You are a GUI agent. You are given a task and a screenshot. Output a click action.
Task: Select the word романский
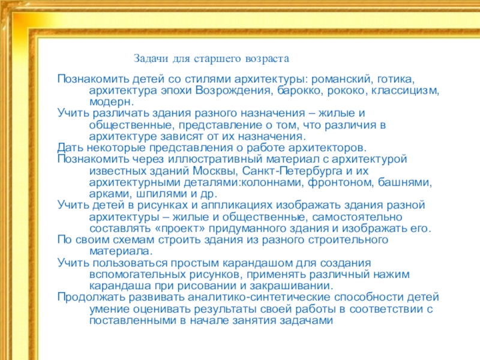click(340, 79)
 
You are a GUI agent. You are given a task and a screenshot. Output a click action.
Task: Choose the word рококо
click(347, 91)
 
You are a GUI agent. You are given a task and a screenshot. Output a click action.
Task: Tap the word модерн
click(109, 102)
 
